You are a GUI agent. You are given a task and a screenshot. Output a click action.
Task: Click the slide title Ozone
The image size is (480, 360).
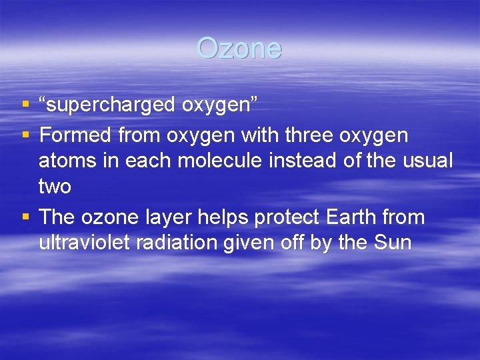click(x=239, y=48)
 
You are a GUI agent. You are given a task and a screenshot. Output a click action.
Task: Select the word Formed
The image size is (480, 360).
click(x=75, y=135)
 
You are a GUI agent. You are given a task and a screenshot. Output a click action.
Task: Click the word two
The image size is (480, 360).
click(x=55, y=186)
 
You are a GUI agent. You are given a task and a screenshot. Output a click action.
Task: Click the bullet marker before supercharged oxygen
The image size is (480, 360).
click(x=25, y=105)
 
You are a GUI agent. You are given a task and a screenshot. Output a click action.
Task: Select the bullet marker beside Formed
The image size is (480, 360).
click(x=25, y=135)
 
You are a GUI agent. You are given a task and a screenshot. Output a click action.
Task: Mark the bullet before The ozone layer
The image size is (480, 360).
click(x=25, y=217)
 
